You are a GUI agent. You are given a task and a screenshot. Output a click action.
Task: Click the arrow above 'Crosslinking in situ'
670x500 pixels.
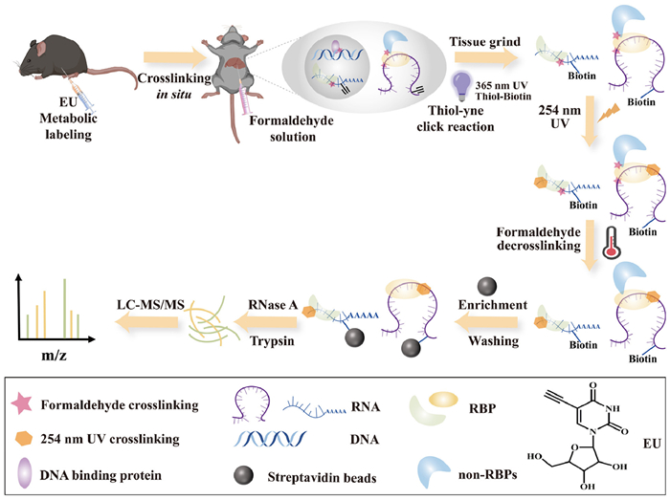166,62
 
